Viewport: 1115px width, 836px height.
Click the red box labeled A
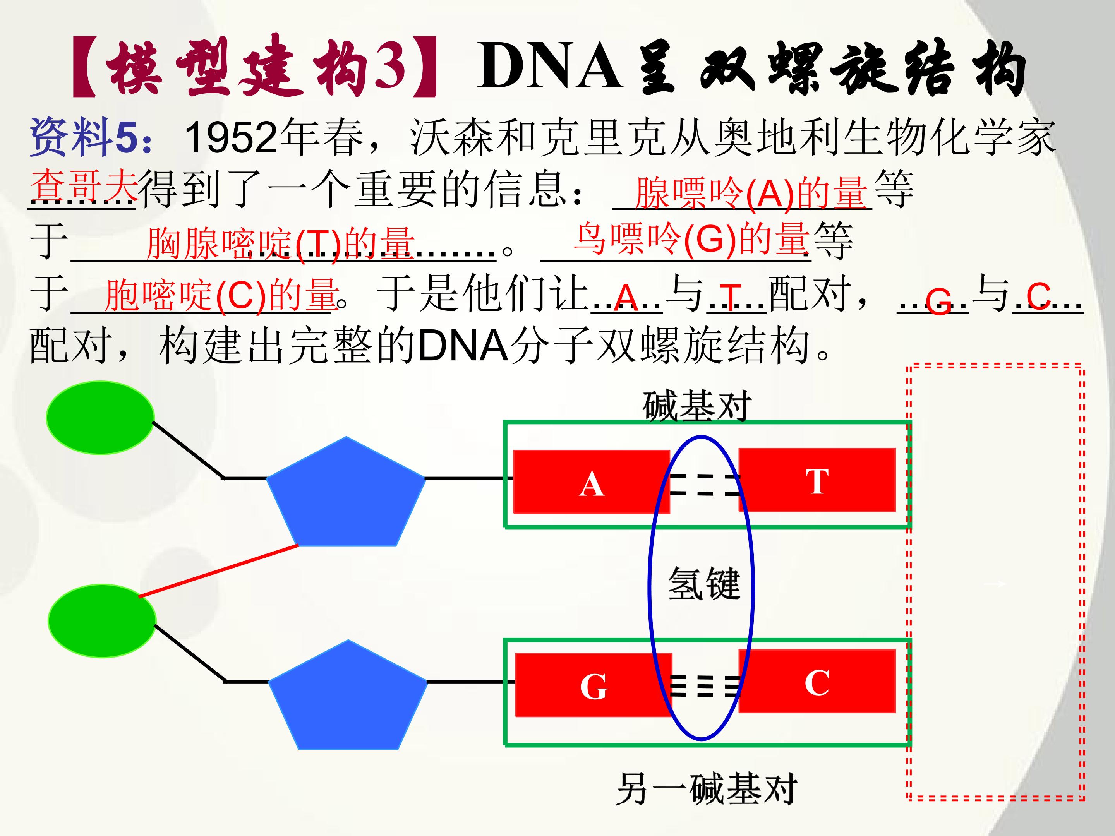coord(591,482)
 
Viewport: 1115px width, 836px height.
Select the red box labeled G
coord(593,685)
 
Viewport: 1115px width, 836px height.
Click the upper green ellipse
coord(100,418)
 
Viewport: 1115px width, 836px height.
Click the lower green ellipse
coord(102,621)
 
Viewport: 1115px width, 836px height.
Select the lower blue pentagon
coord(348,695)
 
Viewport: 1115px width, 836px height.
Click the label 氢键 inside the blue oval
coord(704,584)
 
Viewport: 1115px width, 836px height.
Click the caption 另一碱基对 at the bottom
coord(707,789)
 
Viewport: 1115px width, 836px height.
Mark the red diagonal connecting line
coord(218,571)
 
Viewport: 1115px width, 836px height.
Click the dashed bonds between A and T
coord(705,484)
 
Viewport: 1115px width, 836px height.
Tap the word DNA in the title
coord(549,67)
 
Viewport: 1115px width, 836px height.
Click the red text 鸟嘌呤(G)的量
coord(691,239)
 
